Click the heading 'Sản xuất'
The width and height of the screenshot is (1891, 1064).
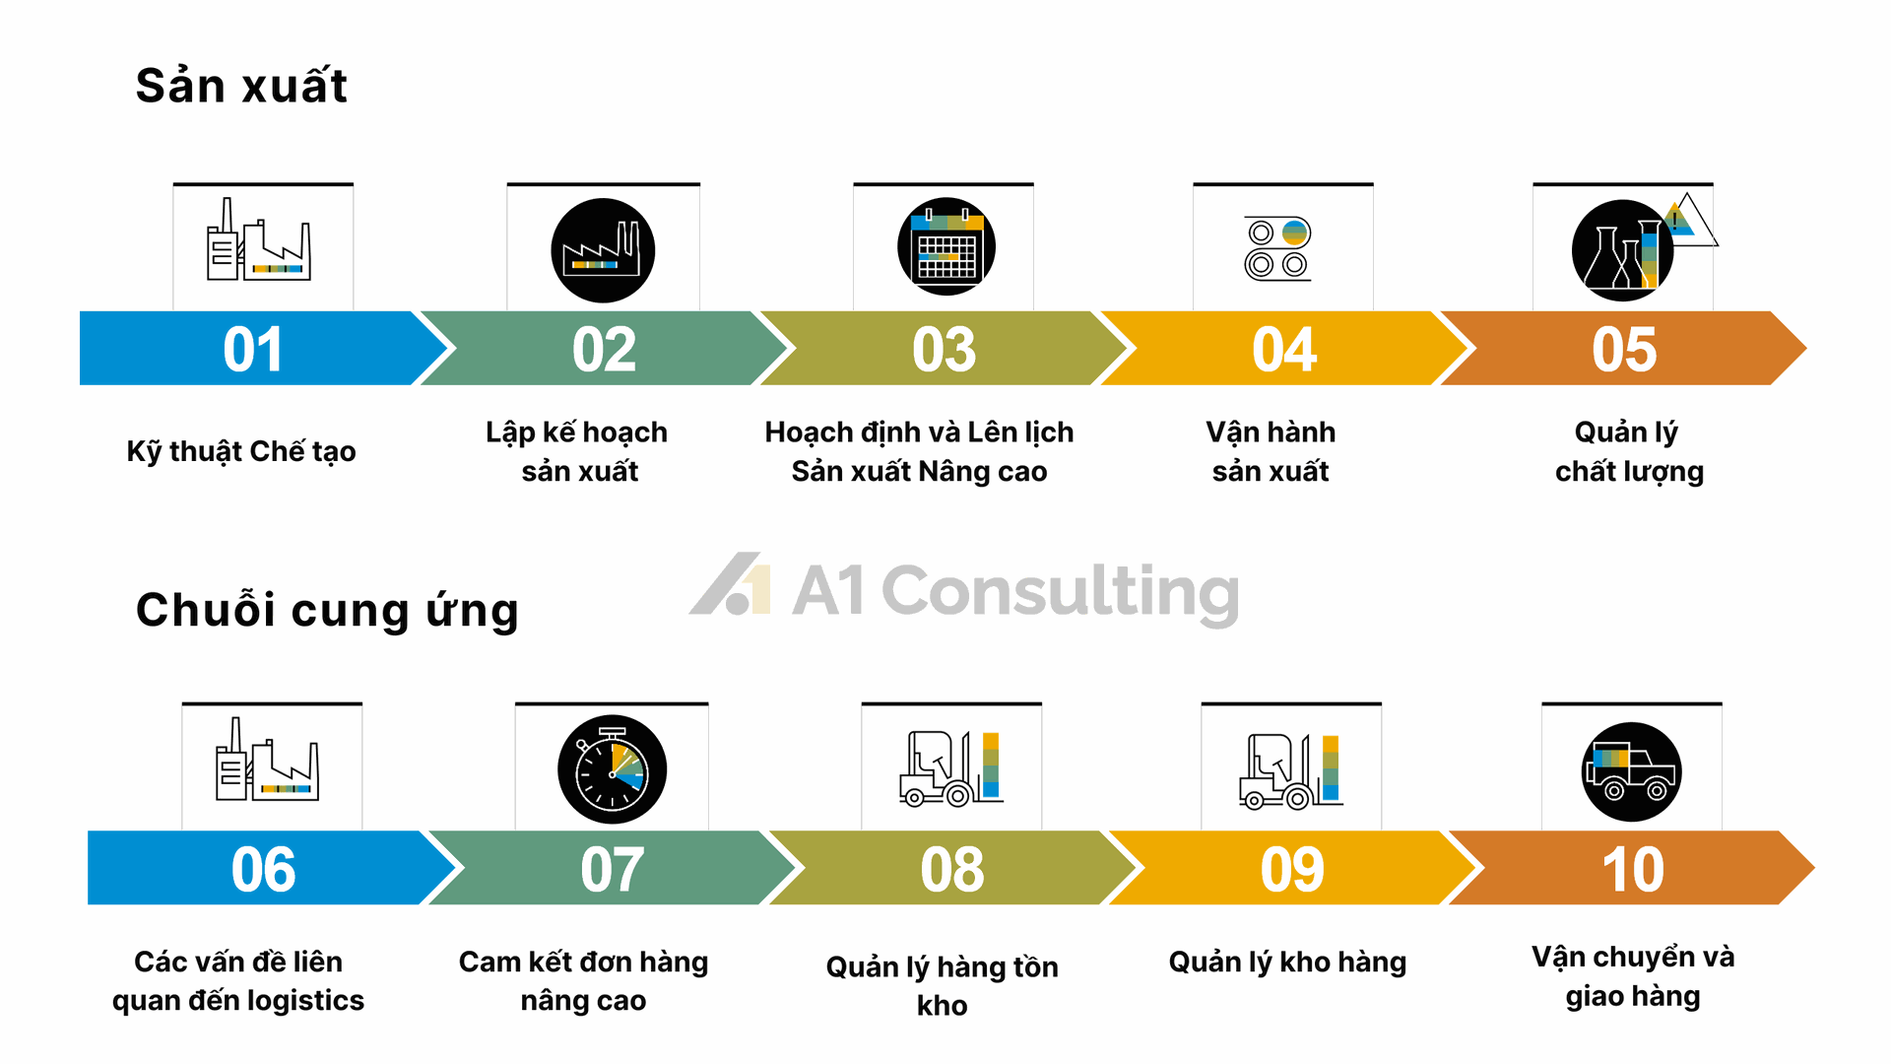(x=241, y=85)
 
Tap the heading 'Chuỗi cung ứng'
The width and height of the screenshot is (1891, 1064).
(x=327, y=610)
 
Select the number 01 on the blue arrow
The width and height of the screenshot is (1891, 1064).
(x=253, y=350)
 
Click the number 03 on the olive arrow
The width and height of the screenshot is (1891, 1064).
(x=944, y=350)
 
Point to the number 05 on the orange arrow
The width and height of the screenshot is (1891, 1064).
(x=1624, y=350)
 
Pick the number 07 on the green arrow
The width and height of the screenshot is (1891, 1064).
(x=612, y=870)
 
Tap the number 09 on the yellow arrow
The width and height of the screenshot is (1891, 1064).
(x=1292, y=870)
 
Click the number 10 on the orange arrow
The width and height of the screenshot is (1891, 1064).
(x=1633, y=870)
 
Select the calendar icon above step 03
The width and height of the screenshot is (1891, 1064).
(x=946, y=246)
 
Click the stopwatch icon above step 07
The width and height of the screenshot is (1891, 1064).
(x=612, y=768)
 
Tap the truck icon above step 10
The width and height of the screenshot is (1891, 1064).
(x=1632, y=771)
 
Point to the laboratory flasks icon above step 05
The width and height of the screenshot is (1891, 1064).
(x=1623, y=250)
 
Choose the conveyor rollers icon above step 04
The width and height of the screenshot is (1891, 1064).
(x=1278, y=248)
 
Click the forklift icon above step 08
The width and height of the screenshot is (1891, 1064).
(x=951, y=768)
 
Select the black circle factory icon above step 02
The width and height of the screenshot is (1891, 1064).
(x=603, y=250)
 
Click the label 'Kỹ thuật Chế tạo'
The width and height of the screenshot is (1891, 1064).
(x=241, y=452)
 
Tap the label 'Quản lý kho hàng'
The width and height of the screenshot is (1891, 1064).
(x=1287, y=962)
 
